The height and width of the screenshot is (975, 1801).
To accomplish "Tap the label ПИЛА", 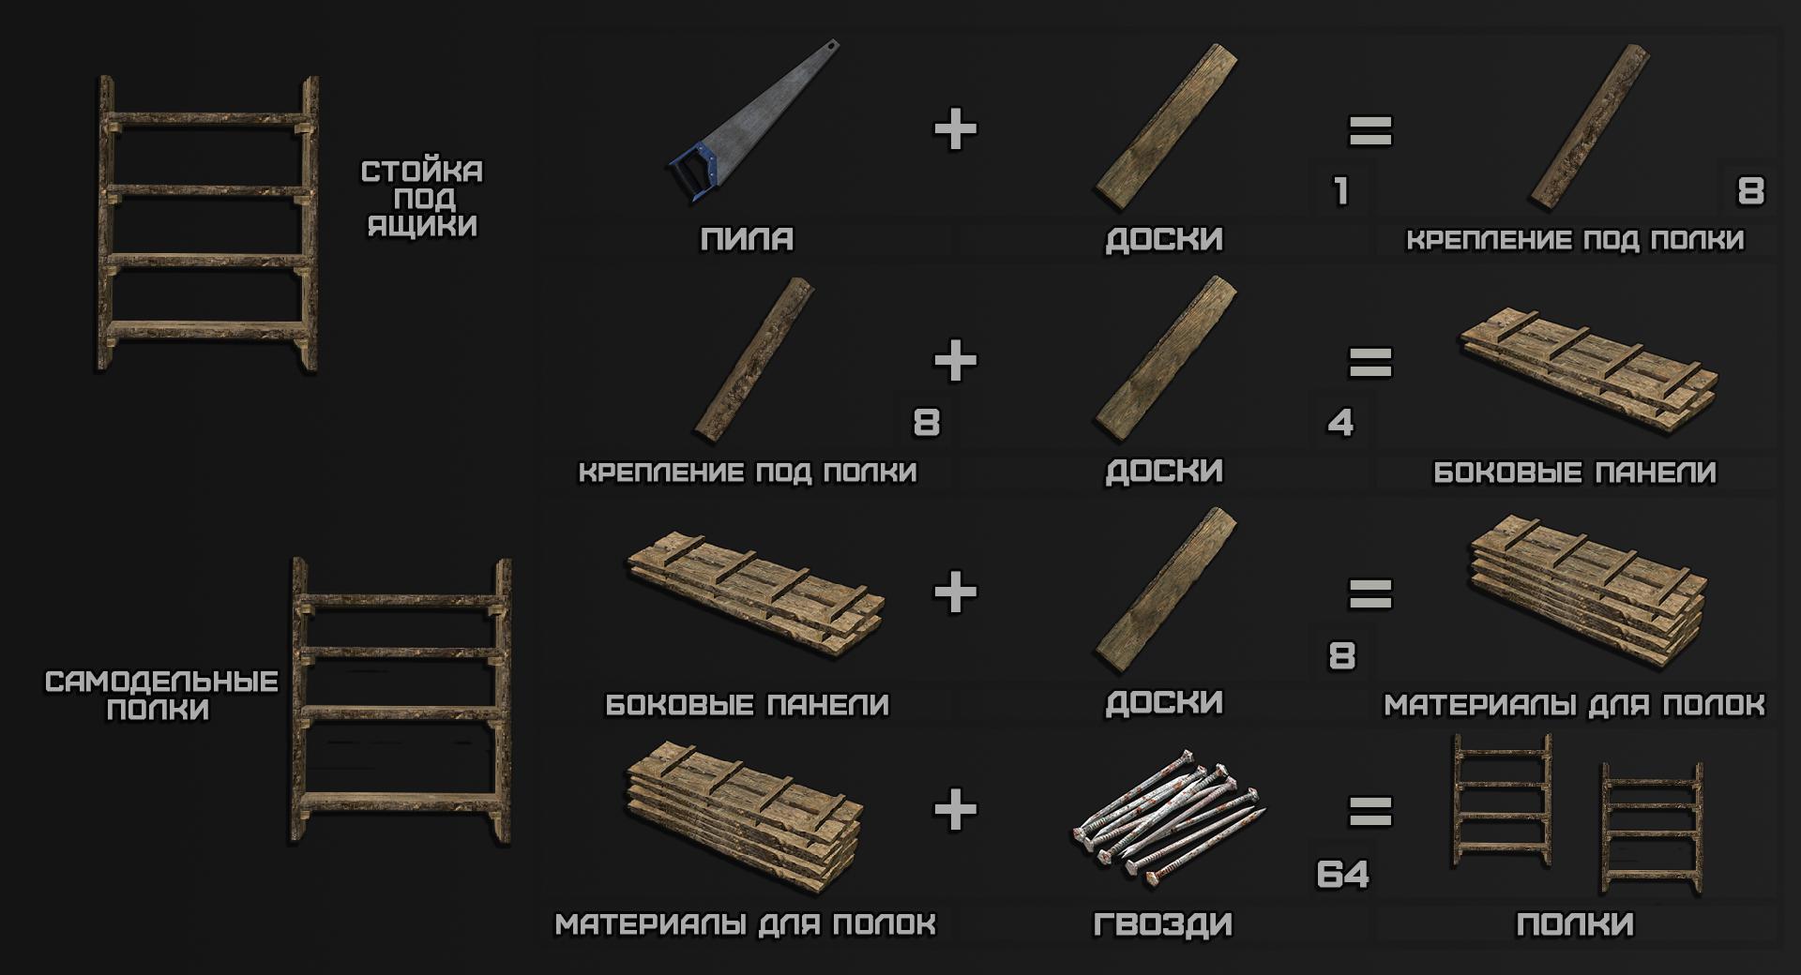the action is [747, 239].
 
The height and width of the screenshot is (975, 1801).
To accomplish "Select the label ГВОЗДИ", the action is [1163, 924].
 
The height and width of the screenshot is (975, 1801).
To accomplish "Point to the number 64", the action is [1343, 875].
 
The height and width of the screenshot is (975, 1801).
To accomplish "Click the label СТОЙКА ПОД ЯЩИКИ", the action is [422, 199].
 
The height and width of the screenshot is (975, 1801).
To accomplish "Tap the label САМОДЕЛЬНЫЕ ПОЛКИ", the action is [161, 696].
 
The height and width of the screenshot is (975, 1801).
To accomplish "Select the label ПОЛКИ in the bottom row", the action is [1575, 924].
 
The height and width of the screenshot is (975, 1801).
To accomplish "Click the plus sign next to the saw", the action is [956, 129].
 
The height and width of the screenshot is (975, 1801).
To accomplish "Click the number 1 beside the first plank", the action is [1341, 191].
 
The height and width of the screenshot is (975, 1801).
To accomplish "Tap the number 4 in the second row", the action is [1341, 423].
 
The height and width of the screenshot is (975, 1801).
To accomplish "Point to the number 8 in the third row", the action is [1342, 655].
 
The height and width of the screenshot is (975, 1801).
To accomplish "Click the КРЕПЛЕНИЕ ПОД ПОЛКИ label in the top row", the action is [1575, 240].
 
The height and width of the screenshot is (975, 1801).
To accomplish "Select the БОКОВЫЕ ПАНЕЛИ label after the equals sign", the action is [1575, 472].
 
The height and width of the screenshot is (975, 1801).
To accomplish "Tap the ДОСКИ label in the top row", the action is [1164, 239].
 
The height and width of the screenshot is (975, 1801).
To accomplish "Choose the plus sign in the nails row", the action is [956, 809].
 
